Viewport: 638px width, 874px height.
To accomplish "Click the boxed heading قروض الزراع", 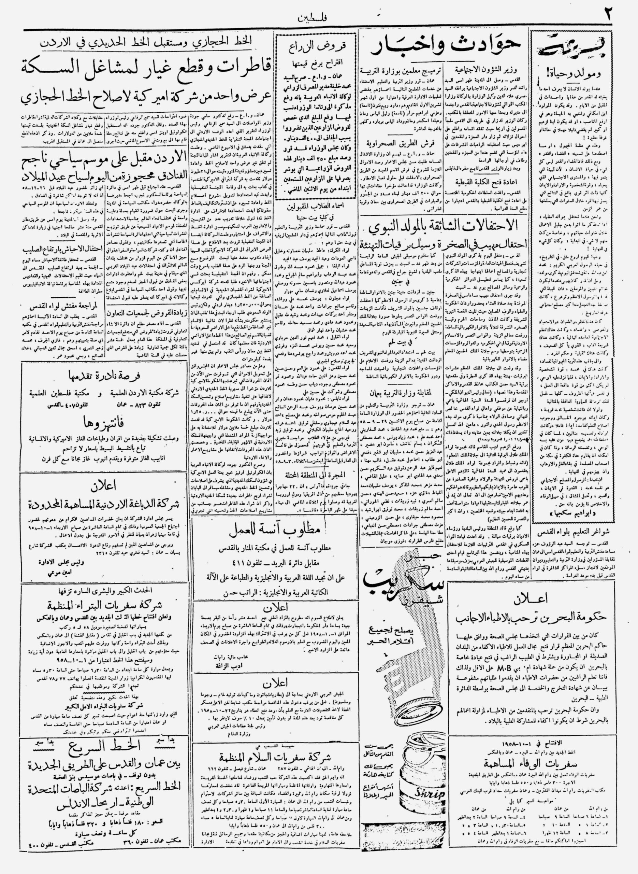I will click(318, 46).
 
